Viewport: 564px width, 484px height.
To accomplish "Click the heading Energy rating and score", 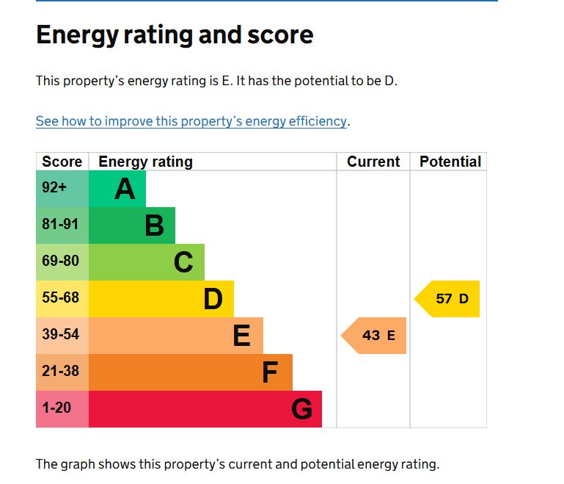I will point(175,35).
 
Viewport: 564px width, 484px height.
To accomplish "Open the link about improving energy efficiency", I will point(191,121).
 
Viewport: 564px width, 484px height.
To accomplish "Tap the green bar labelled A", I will point(117,189).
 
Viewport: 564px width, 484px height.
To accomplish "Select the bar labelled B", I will point(132,225).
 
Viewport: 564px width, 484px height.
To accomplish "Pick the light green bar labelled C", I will point(147,262).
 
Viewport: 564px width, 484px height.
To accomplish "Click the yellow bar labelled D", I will point(161,299).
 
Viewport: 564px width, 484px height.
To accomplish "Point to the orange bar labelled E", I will point(176,336).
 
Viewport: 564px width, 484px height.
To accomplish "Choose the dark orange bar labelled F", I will point(191,372).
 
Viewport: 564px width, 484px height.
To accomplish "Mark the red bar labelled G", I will point(205,409).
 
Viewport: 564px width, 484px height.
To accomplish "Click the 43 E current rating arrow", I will point(375,336).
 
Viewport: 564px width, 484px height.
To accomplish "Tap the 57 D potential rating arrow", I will point(448,299).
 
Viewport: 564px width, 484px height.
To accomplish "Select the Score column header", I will point(62,162).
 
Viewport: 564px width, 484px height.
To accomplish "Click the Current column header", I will point(373,162).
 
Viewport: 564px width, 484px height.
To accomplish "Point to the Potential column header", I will point(450,162).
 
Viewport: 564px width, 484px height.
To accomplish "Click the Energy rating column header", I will point(145,162).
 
